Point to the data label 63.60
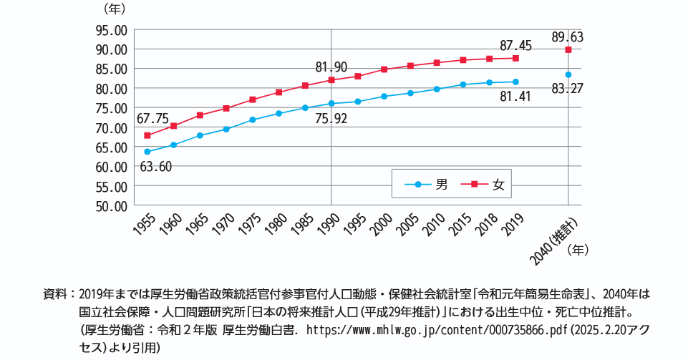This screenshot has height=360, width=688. click(155, 167)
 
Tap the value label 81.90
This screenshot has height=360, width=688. click(331, 67)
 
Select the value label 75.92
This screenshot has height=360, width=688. click(331, 119)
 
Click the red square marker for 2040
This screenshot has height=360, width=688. click(568, 50)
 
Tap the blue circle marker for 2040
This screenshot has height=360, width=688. click(568, 74)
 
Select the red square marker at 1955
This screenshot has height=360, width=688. click(147, 135)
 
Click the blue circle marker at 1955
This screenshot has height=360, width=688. click(147, 152)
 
